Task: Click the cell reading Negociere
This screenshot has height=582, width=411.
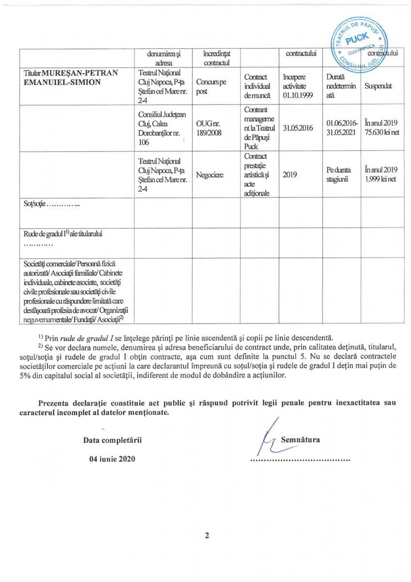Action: (210, 175)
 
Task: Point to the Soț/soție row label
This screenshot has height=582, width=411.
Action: (52, 205)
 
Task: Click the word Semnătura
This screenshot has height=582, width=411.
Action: (301, 440)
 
